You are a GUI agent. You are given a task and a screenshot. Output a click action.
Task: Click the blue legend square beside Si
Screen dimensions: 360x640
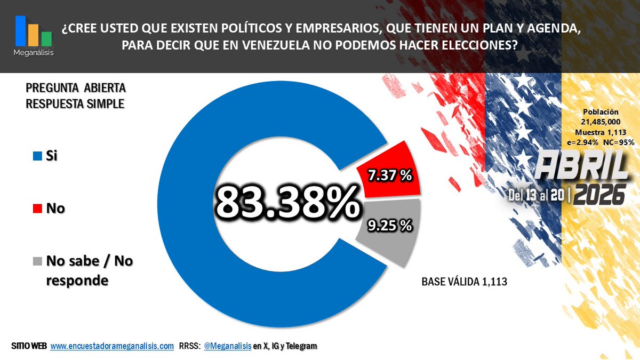[37, 157]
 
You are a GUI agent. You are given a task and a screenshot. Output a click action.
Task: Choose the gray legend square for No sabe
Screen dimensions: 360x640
[37, 261]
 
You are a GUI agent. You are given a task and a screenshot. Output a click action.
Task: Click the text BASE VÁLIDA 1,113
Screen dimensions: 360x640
[464, 282]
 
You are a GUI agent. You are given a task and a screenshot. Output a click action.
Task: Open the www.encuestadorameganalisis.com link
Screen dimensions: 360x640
[112, 347]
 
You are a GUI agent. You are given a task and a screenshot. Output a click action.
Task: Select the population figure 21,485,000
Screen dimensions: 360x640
[601, 122]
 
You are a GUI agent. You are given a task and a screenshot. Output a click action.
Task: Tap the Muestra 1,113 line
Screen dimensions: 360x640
[601, 132]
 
